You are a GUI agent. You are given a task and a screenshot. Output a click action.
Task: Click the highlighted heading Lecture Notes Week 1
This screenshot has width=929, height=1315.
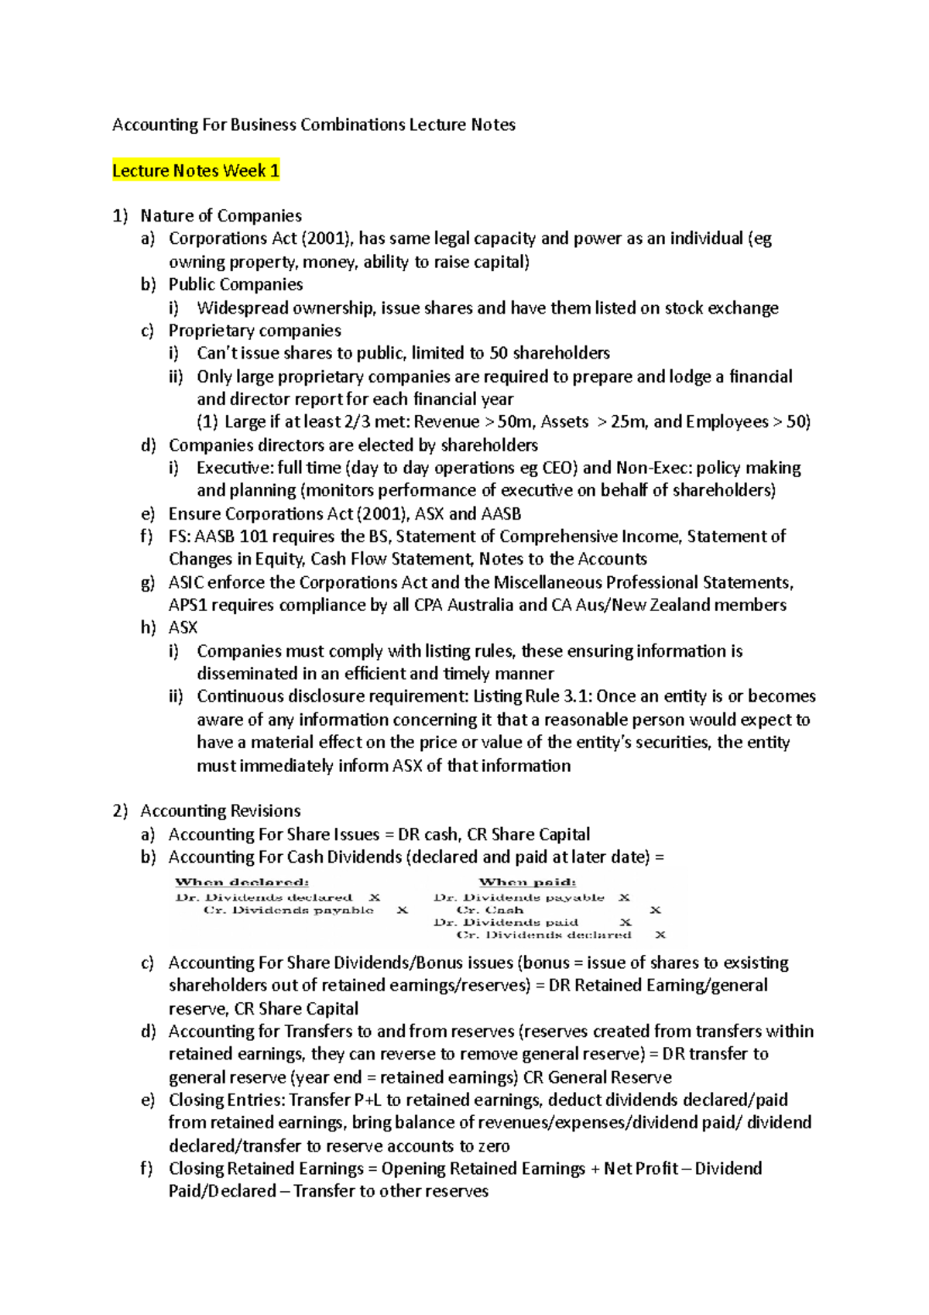pos(196,170)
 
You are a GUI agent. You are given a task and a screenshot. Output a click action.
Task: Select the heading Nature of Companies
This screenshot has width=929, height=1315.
pos(221,215)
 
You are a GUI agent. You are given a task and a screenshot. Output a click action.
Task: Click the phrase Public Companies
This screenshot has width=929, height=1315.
pos(235,284)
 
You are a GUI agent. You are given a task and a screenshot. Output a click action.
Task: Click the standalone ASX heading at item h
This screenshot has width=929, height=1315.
pos(183,627)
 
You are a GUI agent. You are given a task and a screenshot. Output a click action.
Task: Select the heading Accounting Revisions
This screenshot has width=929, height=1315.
pos(221,811)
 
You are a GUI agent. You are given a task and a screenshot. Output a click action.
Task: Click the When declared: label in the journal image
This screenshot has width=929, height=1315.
pos(242,882)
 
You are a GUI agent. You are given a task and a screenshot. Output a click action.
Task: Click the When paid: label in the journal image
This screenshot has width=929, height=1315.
pos(527,882)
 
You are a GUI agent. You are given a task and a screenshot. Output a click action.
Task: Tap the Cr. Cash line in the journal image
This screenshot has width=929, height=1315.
pos(490,910)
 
